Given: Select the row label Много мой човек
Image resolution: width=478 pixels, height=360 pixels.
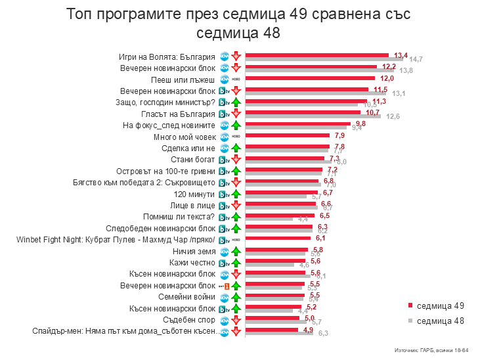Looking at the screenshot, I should click(185, 136).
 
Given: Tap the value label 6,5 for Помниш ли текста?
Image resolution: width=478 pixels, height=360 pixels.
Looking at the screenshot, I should click(324, 215).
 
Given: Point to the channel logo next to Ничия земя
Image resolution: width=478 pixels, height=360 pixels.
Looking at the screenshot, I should click(224, 251).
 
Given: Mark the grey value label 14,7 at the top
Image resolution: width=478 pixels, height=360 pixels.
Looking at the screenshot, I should click(416, 59).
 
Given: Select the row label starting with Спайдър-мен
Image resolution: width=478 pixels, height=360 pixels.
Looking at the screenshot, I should click(125, 330).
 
